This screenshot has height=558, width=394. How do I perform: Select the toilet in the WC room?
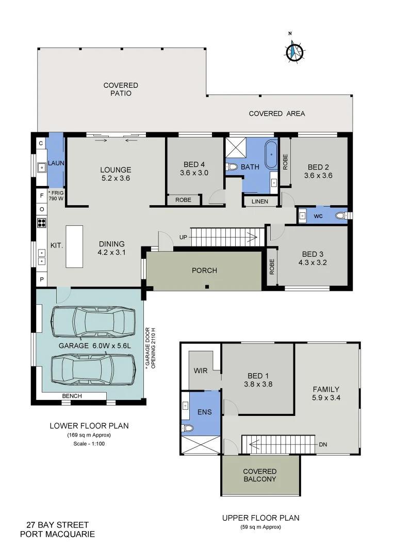[x=341, y=215]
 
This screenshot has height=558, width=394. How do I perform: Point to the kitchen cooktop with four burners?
[x=42, y=223]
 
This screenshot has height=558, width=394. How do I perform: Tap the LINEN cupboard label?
[x=260, y=201]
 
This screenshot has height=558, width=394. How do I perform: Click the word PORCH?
[x=204, y=270]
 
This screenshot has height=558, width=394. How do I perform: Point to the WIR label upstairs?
[x=200, y=371]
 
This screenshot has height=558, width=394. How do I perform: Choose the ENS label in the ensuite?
[x=204, y=412]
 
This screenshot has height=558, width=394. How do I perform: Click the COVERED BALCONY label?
[x=259, y=475]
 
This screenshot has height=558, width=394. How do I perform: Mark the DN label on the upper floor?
[x=323, y=444]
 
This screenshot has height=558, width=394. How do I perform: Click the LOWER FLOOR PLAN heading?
[x=89, y=426]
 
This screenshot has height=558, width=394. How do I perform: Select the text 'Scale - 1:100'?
[x=89, y=444]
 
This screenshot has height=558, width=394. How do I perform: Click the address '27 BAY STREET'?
[x=51, y=525]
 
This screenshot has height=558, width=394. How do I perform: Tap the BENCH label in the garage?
[x=71, y=396]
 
